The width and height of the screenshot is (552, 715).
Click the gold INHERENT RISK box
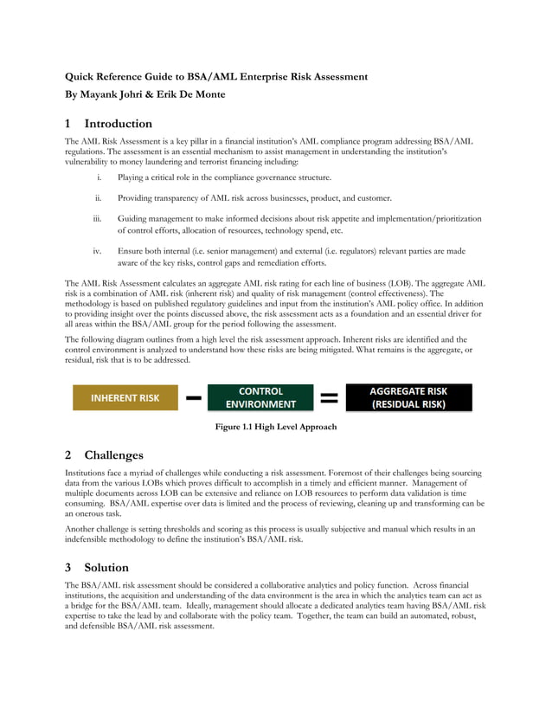(x=126, y=398)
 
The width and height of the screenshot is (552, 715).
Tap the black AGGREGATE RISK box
(x=408, y=397)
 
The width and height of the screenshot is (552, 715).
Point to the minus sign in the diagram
(x=194, y=398)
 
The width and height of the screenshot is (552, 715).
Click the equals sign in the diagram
(x=329, y=398)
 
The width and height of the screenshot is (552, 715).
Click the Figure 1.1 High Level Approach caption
(x=276, y=427)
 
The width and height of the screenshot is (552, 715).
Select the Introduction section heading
(x=118, y=124)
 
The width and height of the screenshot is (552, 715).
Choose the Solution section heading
(x=106, y=568)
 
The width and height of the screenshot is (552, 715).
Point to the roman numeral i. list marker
(x=100, y=177)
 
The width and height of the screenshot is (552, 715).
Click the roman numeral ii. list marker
(x=99, y=197)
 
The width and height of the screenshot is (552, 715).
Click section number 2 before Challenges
(x=69, y=455)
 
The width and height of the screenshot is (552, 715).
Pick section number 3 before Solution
(x=69, y=568)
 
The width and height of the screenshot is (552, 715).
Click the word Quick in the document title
(x=80, y=77)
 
